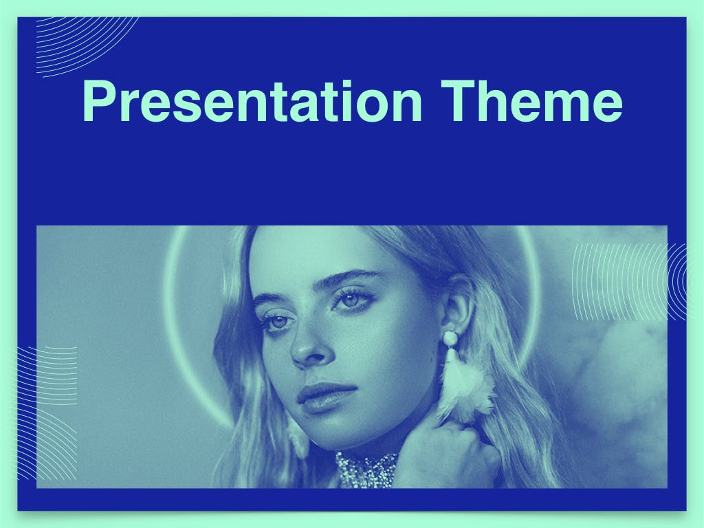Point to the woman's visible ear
pos(457,305)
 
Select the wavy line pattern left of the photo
pos(47,413)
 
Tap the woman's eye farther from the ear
pos(278,322)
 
